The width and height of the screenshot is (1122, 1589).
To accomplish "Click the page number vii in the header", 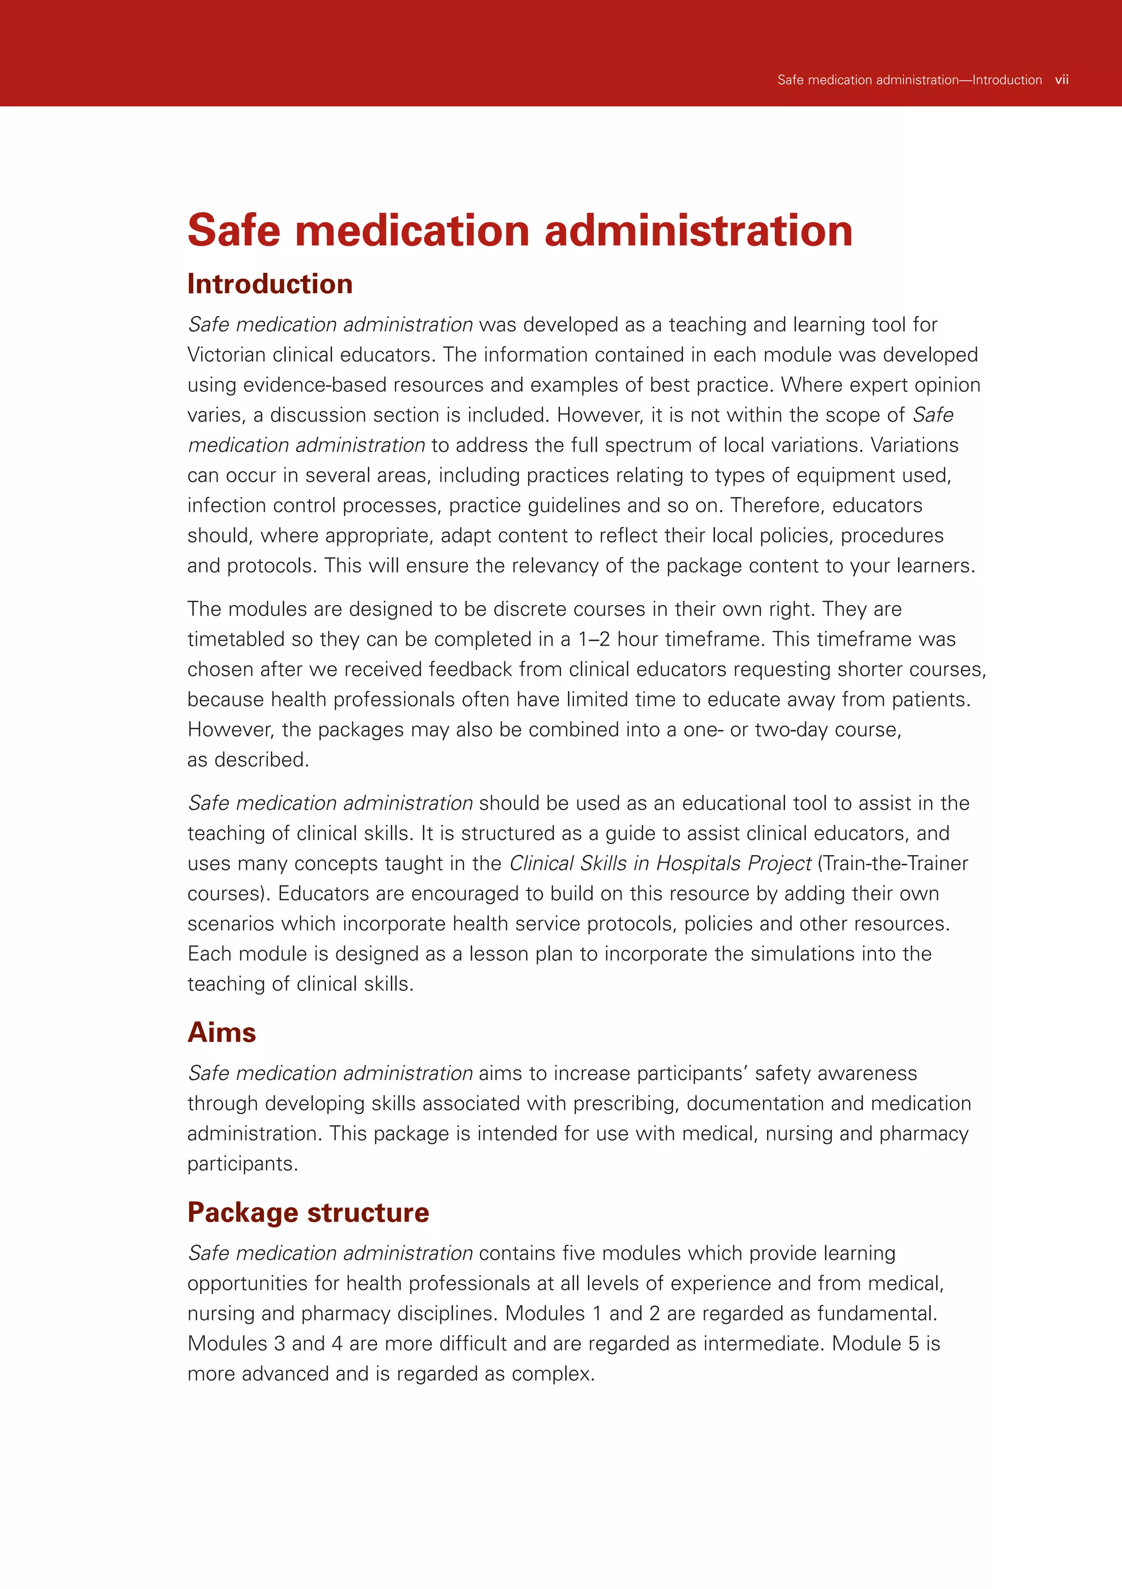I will tap(1061, 81).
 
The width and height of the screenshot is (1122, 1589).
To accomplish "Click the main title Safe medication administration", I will tap(520, 231).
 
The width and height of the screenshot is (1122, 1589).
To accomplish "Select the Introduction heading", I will tap(270, 284).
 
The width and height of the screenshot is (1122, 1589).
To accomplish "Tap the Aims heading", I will tap(221, 1032).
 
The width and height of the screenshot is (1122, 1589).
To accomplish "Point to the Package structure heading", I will tap(308, 1213).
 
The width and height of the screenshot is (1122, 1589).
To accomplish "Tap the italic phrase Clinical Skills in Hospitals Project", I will tap(660, 864).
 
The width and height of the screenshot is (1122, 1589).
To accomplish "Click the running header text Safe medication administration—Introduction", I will tap(909, 81).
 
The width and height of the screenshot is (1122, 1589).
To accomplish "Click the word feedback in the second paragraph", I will tap(471, 670).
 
